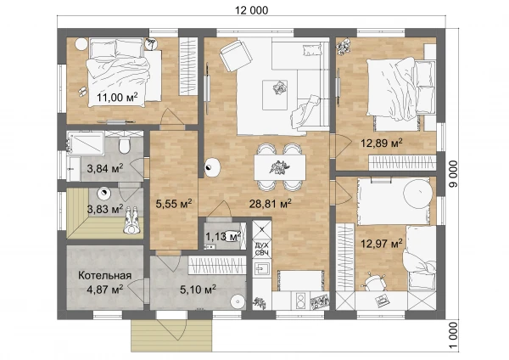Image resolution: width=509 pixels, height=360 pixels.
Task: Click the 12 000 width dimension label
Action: (x=252, y=10)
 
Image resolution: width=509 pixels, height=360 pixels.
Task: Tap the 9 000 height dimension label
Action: (x=454, y=174)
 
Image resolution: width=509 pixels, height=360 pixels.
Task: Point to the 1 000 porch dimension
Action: (x=454, y=335)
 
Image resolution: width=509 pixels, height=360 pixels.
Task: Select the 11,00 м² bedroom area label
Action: (x=117, y=97)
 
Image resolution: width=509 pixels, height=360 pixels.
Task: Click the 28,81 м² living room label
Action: (x=270, y=204)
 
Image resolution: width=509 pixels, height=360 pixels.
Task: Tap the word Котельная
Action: (x=105, y=276)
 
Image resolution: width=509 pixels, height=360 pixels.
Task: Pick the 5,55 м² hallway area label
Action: (x=174, y=204)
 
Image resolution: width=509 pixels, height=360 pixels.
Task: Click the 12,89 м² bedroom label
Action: (x=382, y=143)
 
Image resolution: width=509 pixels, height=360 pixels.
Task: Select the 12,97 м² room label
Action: (x=382, y=244)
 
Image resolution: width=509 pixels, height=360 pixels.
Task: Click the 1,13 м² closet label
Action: (x=223, y=236)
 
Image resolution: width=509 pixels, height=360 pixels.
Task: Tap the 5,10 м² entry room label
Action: (x=198, y=289)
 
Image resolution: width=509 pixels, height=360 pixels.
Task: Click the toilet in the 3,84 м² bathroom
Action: (x=125, y=144)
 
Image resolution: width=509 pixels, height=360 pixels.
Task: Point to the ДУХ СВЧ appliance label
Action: (x=261, y=250)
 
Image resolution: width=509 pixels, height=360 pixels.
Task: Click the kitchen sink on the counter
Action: (x=261, y=268)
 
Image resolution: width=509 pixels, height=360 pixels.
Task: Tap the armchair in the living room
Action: (x=236, y=55)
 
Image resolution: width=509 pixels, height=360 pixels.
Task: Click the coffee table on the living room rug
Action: (x=275, y=95)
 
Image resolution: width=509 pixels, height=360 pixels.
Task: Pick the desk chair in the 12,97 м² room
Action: (x=373, y=282)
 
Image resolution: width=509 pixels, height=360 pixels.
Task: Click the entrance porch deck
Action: (x=171, y=335)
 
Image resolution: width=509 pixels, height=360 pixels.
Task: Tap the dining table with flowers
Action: (x=280, y=167)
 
